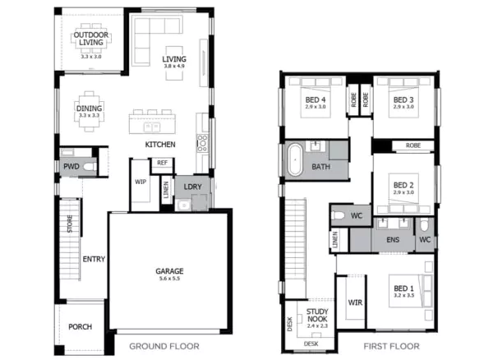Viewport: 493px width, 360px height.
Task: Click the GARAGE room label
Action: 170,271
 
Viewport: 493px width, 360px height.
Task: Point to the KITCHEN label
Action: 160,145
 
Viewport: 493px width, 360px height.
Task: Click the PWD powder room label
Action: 71,166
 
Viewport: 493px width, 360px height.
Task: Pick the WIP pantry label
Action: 140,181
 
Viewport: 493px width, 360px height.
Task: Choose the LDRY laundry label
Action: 193,187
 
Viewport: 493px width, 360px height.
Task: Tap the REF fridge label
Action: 163,163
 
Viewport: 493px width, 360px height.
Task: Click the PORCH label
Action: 81,326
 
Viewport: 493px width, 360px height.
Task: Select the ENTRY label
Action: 93,260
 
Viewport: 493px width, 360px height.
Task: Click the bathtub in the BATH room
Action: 293,159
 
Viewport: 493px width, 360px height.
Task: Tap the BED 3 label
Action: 403,100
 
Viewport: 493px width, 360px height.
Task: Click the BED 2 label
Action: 403,185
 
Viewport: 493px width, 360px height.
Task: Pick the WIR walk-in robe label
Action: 356,303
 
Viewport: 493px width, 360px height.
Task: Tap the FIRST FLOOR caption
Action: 392,346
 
